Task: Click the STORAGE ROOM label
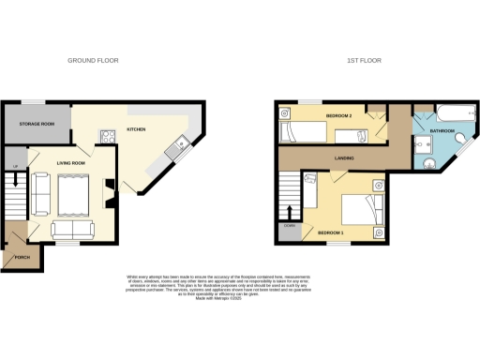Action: tap(33, 124)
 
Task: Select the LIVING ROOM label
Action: tap(71, 164)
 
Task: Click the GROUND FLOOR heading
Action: tap(93, 61)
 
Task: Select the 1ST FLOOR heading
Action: tap(362, 61)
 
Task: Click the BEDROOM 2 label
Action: tap(338, 115)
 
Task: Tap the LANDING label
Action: tap(344, 158)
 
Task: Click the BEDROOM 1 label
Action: tap(331, 232)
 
